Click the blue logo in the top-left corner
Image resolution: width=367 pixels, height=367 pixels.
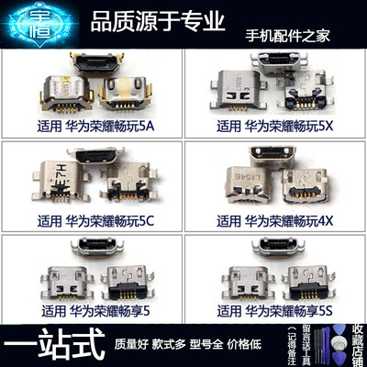point(31,24)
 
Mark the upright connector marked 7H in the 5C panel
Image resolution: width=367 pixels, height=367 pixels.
point(56,173)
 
